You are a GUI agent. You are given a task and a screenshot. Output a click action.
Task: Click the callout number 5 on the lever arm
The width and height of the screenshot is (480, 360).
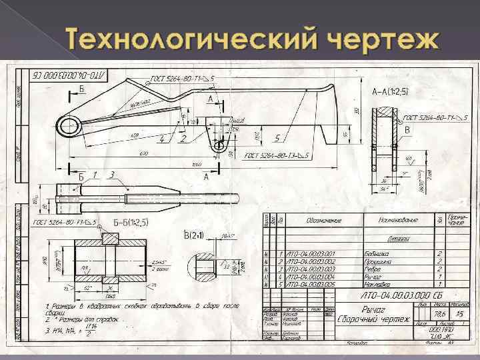tap(276, 138)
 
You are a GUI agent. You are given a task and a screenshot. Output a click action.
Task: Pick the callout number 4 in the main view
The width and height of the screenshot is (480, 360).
tap(161, 139)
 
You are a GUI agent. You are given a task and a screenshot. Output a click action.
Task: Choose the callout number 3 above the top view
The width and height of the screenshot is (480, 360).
tap(112, 175)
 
